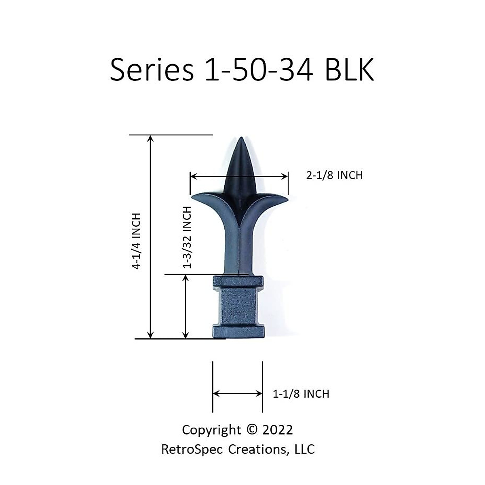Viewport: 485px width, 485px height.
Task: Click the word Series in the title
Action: [x=152, y=70]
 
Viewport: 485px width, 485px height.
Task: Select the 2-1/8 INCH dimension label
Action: [x=334, y=175]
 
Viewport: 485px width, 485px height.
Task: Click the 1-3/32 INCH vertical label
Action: [x=187, y=237]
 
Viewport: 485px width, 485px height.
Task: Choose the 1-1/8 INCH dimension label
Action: [x=301, y=394]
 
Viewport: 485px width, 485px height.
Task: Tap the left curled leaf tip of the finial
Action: [x=193, y=198]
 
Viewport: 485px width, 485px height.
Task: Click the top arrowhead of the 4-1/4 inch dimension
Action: [x=150, y=138]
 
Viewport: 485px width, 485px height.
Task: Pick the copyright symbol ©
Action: [x=251, y=430]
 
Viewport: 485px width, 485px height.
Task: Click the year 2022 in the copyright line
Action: [x=278, y=430]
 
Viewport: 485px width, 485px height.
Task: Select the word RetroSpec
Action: [x=192, y=449]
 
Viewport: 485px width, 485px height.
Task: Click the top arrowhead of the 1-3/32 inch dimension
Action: [x=186, y=278]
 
